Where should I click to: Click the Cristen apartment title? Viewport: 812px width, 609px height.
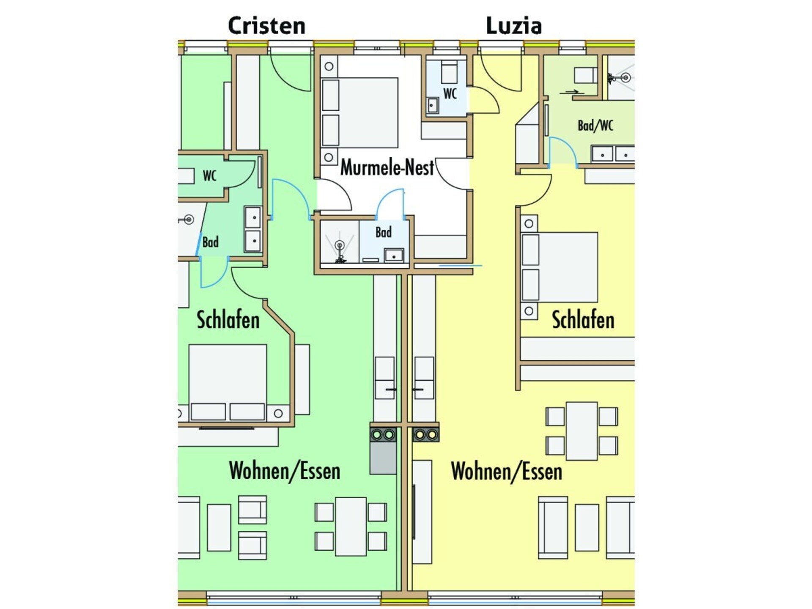point(266,26)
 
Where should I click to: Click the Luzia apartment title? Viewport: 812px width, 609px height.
point(514,26)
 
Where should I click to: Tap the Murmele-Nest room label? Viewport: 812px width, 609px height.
point(387,167)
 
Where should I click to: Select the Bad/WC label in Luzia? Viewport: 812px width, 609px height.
point(595,126)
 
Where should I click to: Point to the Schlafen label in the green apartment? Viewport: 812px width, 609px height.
point(228,320)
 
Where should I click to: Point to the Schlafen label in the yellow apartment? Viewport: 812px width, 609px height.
point(583,320)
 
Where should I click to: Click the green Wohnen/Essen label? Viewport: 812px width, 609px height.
point(285,471)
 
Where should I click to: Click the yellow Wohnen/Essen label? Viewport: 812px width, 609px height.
point(507,471)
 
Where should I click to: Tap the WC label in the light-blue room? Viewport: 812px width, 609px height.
point(450,93)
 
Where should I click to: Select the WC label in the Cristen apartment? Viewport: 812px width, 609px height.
point(210,176)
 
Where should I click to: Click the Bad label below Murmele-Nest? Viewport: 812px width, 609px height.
point(384,232)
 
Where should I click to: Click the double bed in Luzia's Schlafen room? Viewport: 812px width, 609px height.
point(560,267)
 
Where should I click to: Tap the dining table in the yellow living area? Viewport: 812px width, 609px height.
point(582,431)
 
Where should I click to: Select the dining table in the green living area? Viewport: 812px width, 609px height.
point(351,527)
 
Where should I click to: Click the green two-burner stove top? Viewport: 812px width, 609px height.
point(383,435)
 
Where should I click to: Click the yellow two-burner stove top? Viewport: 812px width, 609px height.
point(425,435)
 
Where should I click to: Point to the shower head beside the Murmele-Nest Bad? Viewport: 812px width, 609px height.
point(339,246)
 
